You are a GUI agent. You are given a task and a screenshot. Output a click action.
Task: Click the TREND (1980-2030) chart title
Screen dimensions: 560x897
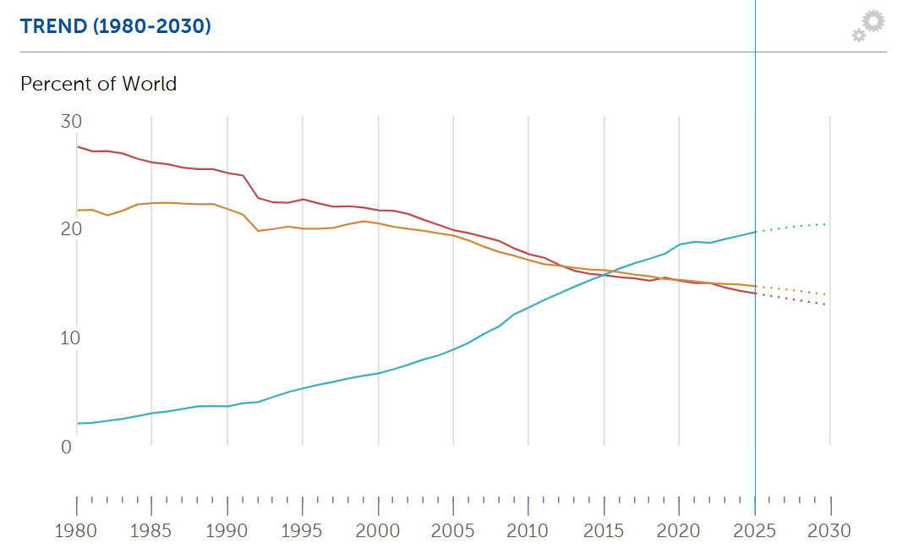[x=115, y=26]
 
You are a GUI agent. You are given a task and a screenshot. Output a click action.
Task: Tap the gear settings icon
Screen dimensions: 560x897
[x=868, y=26]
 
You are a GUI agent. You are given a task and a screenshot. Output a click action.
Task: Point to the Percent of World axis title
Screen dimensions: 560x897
[x=98, y=84]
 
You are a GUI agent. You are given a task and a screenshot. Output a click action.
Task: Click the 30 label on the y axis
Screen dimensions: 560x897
[x=71, y=122]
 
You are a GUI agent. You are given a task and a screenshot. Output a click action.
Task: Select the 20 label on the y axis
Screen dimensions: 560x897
[x=71, y=229]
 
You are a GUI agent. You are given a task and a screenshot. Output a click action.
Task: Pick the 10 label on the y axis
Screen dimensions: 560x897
[x=71, y=338]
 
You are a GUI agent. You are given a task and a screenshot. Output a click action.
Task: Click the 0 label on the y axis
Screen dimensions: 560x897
[x=66, y=447]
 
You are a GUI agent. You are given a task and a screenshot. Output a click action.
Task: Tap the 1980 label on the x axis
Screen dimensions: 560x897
[x=77, y=531]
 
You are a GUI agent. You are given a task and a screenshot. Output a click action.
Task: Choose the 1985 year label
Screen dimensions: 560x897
[x=152, y=531]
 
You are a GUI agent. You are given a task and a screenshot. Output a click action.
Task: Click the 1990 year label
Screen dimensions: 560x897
[x=227, y=531]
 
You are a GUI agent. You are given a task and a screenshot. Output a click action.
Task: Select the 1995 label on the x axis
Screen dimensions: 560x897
[x=303, y=531]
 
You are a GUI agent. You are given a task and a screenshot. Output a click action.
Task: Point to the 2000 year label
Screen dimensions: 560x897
[x=378, y=531]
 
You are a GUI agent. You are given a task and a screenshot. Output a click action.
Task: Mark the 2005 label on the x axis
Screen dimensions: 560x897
[x=454, y=531]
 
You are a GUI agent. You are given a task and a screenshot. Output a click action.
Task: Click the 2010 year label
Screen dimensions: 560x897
[x=529, y=531]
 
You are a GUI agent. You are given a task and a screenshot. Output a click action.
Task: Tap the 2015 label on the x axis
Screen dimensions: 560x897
[x=604, y=531]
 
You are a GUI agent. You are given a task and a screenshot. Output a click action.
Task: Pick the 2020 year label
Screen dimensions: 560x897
[x=680, y=531]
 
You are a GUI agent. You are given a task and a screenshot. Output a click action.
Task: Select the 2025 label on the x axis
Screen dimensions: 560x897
[x=755, y=531]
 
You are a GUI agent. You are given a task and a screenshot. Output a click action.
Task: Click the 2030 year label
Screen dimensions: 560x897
[x=830, y=531]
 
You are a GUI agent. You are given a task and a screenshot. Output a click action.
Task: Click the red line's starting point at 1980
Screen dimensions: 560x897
[x=78, y=146]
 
